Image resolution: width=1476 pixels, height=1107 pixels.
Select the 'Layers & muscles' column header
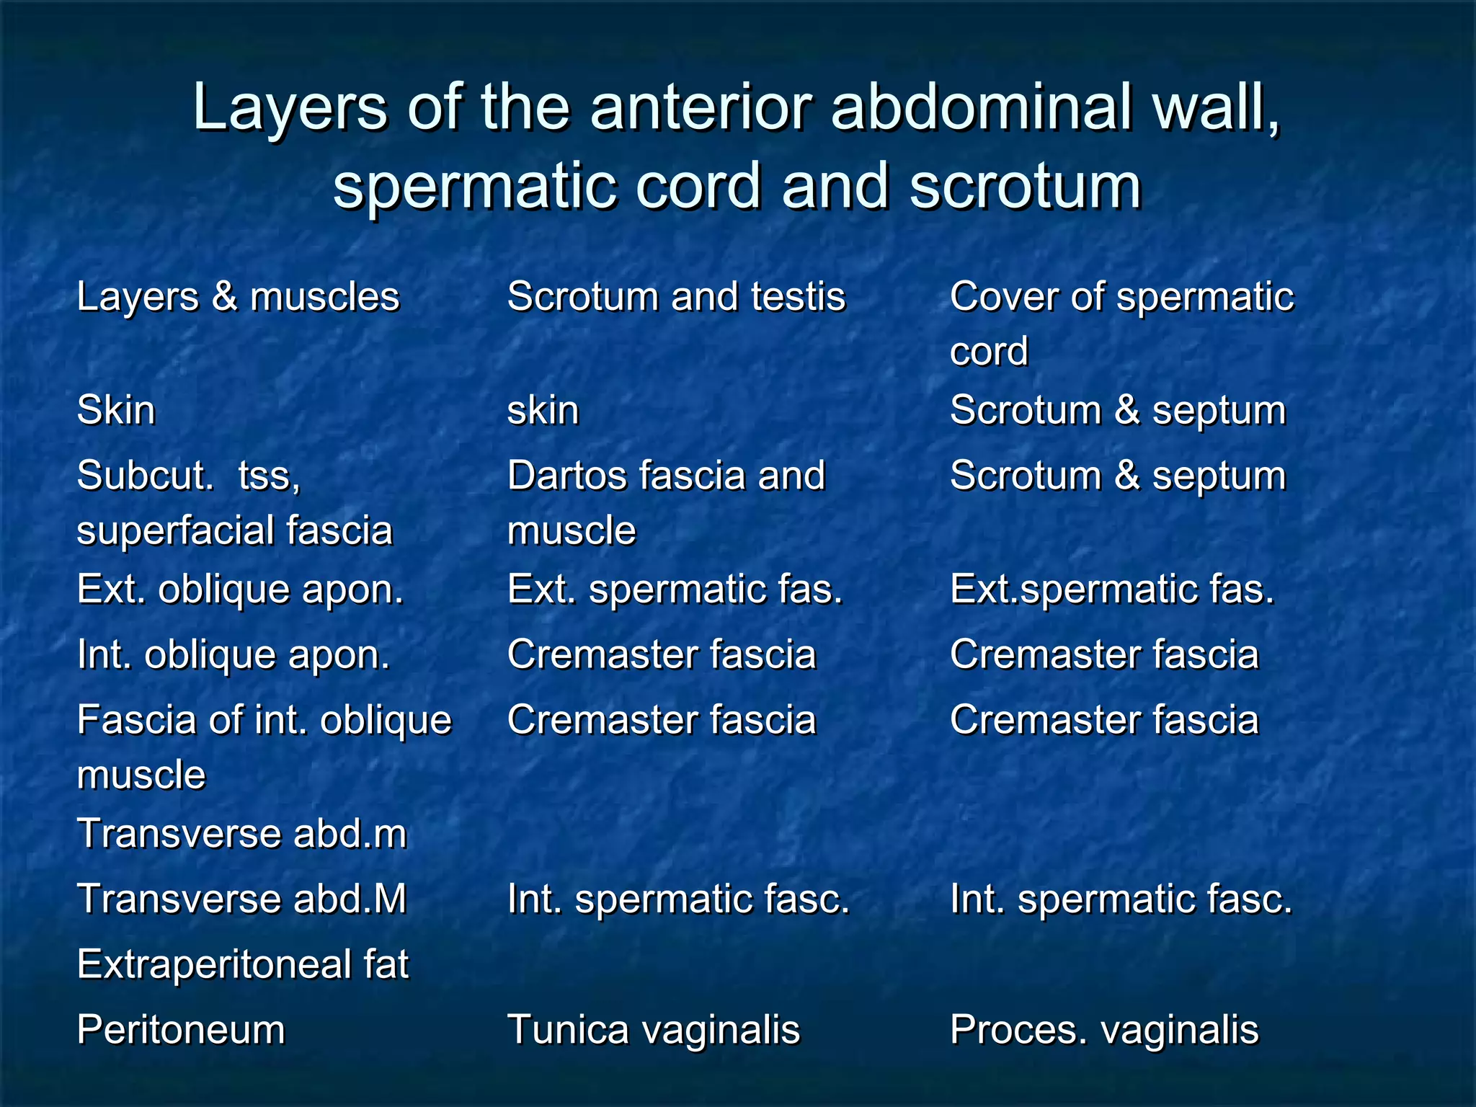point(238,297)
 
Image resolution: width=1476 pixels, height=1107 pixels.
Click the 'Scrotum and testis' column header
point(676,297)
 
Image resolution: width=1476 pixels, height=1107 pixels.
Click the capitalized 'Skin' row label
point(116,411)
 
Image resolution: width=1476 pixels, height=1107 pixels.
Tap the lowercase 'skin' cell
point(543,411)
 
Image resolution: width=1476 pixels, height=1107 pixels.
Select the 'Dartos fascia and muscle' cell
point(666,502)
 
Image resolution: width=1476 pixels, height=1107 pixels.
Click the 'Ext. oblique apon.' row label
point(240,590)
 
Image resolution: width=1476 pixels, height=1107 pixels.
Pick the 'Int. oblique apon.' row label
point(233,655)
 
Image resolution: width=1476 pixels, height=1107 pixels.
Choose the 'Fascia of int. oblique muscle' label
point(264,747)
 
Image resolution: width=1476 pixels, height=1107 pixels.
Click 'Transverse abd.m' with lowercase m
point(241,834)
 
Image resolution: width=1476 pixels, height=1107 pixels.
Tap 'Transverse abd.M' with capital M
point(241,899)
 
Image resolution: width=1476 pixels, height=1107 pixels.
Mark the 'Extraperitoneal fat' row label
point(243,964)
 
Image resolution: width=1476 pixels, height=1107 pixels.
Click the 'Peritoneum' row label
point(181,1029)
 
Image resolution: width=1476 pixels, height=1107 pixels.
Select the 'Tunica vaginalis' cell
point(654,1029)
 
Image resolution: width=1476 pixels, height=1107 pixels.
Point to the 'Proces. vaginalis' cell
point(1104,1029)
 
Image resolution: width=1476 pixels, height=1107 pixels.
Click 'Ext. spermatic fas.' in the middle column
point(675,590)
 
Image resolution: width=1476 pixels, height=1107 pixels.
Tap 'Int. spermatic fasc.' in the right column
point(1121,899)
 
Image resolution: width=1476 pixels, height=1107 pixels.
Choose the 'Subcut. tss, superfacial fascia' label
point(235,502)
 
